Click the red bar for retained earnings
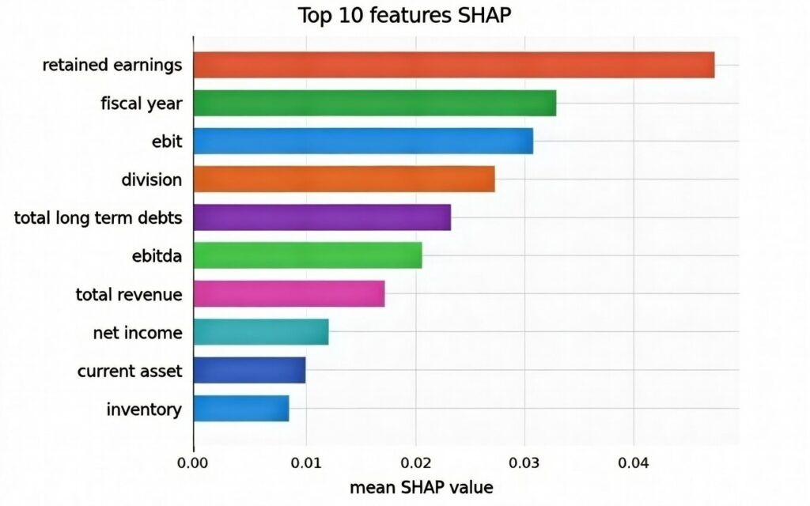pyautogui.click(x=453, y=65)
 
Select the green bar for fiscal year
pyautogui.click(x=374, y=103)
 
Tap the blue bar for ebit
pyautogui.click(x=363, y=141)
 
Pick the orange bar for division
pyautogui.click(x=344, y=179)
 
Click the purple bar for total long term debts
pyautogui.click(x=322, y=217)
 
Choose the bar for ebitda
pyautogui.click(x=308, y=255)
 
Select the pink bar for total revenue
pyautogui.click(x=289, y=293)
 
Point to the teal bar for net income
pyautogui.click(x=260, y=332)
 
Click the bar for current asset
pyautogui.click(x=249, y=370)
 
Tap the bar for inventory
pyautogui.click(x=240, y=409)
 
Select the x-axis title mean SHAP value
pyautogui.click(x=421, y=488)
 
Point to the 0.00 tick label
pyautogui.click(x=193, y=461)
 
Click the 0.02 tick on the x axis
pyautogui.click(x=414, y=461)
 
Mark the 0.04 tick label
pyautogui.click(x=634, y=461)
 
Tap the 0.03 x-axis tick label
pyautogui.click(x=524, y=461)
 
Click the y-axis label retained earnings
pyautogui.click(x=112, y=66)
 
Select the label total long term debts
pyautogui.click(x=97, y=218)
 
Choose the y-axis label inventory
pyautogui.click(x=144, y=410)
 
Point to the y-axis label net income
pyautogui.click(x=137, y=333)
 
